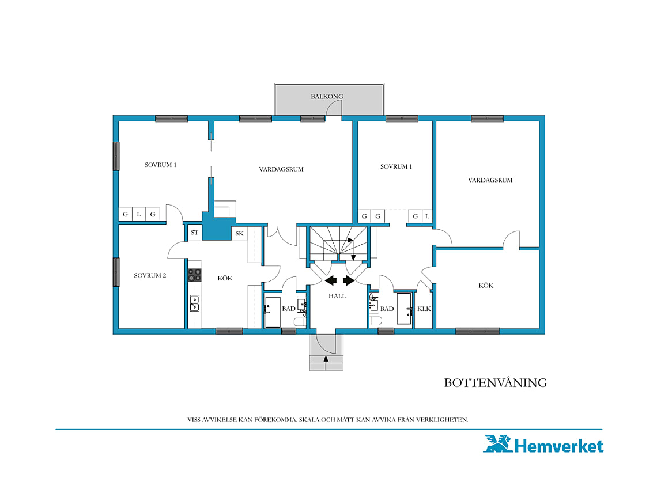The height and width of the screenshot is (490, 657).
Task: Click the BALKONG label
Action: tap(327, 96)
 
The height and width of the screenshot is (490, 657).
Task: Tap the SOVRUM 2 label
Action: tap(150, 275)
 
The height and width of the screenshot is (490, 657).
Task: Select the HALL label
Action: tap(337, 296)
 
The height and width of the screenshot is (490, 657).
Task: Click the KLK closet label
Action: tap(424, 309)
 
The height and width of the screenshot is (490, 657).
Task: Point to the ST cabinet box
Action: tap(194, 233)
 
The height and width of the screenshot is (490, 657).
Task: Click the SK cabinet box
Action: tap(239, 233)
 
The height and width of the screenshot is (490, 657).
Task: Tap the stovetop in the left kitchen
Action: tap(194, 275)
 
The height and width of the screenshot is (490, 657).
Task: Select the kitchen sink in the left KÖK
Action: tap(194, 303)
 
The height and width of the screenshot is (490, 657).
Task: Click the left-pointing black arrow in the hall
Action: tap(331, 280)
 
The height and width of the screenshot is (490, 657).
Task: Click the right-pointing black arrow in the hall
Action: tap(349, 280)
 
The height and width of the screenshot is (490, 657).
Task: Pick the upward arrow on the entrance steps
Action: tap(326, 359)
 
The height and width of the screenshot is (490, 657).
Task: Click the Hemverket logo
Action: tap(543, 444)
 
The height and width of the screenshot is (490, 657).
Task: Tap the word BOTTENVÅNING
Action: tap(496, 383)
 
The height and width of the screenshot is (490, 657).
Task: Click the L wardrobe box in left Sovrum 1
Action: tap(139, 214)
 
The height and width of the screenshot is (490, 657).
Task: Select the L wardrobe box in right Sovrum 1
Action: tap(427, 216)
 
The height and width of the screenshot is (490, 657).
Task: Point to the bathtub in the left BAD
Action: tap(273, 312)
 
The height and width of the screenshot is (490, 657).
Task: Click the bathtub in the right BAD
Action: tap(404, 309)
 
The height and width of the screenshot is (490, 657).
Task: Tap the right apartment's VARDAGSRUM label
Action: tap(490, 180)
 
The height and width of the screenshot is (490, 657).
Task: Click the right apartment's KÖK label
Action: tap(486, 286)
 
